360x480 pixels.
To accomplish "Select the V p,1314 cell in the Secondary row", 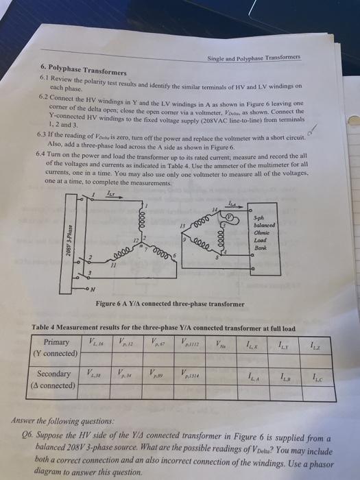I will (x=191, y=374).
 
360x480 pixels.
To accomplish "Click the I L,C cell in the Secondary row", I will (x=316, y=375).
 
